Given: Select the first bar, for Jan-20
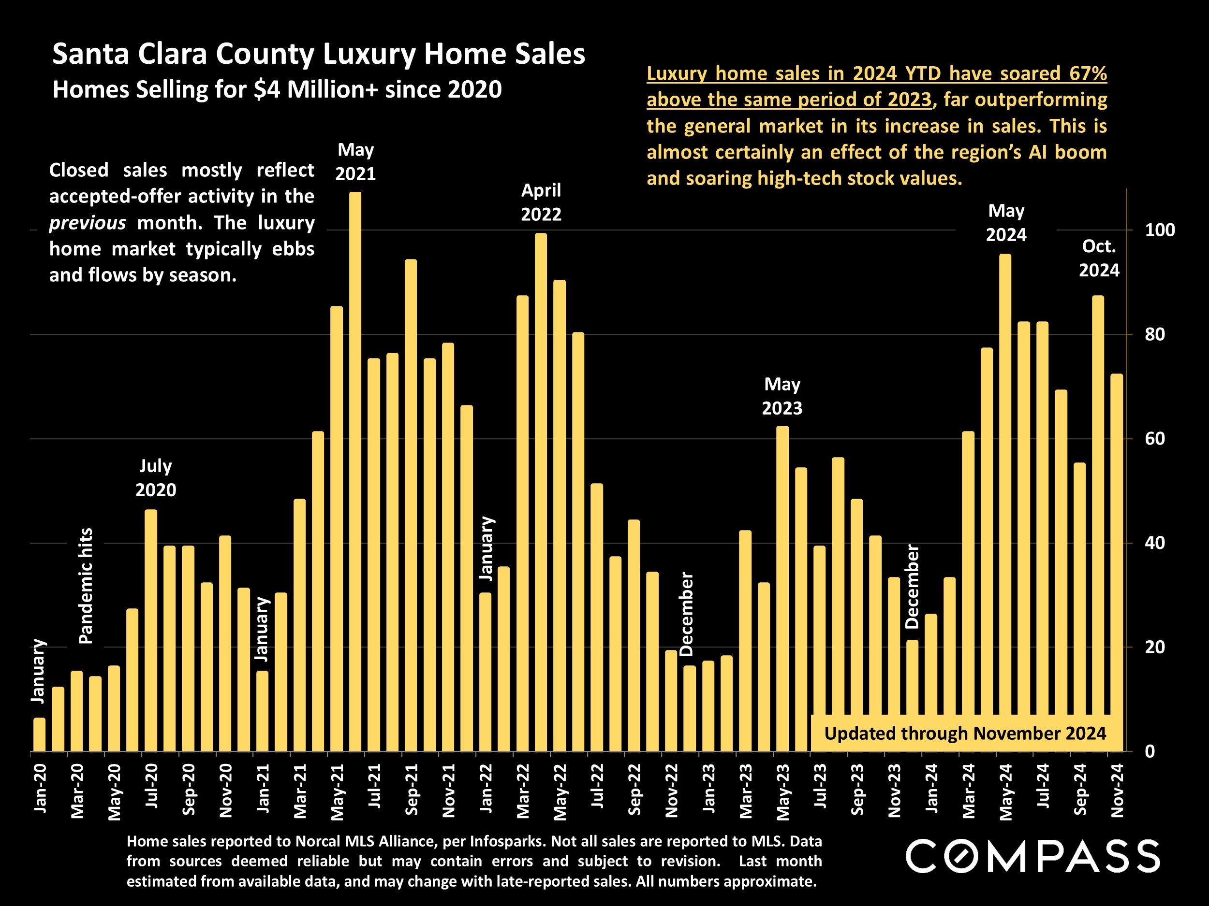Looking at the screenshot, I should [x=39, y=734].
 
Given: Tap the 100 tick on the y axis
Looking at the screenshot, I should [x=1160, y=230].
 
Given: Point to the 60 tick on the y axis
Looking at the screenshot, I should [x=1155, y=439].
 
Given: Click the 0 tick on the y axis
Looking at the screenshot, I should [x=1150, y=751].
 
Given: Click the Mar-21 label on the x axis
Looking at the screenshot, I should [x=300, y=791].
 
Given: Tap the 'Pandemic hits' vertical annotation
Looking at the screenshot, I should [x=86, y=586].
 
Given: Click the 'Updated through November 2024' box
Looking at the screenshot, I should [x=965, y=733].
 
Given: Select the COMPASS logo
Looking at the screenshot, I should [x=1032, y=856].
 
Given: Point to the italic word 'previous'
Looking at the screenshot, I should [x=88, y=223].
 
